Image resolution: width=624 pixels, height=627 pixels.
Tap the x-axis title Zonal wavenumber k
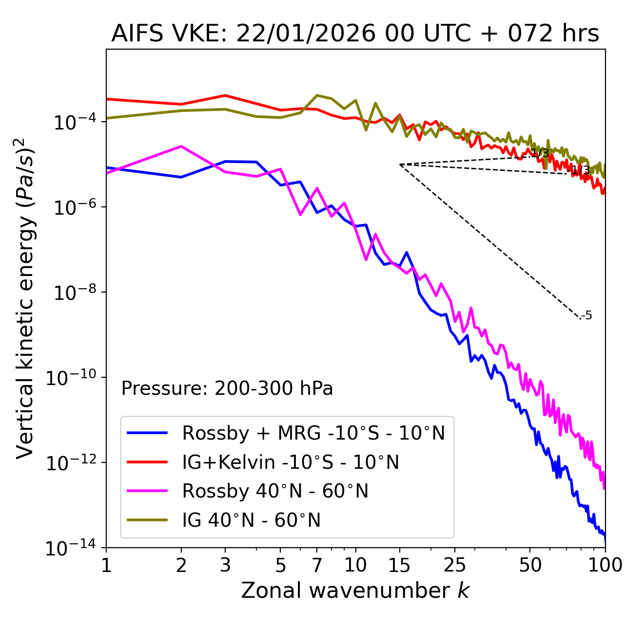pos(355,590)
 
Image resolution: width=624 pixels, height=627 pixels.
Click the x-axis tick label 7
pos(317,565)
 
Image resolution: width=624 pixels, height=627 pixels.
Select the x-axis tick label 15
pos(399,565)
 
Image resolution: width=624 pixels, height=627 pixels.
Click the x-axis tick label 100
pos(605,565)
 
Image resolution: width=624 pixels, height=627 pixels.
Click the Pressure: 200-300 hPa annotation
pos(227,388)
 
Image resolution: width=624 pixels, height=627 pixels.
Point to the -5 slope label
pos(587,315)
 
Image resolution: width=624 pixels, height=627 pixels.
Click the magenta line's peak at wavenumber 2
pos(181,146)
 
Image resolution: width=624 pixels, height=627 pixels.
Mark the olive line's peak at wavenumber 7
pos(317,95)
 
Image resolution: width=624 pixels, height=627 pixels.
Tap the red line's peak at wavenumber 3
pos(225,95)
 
